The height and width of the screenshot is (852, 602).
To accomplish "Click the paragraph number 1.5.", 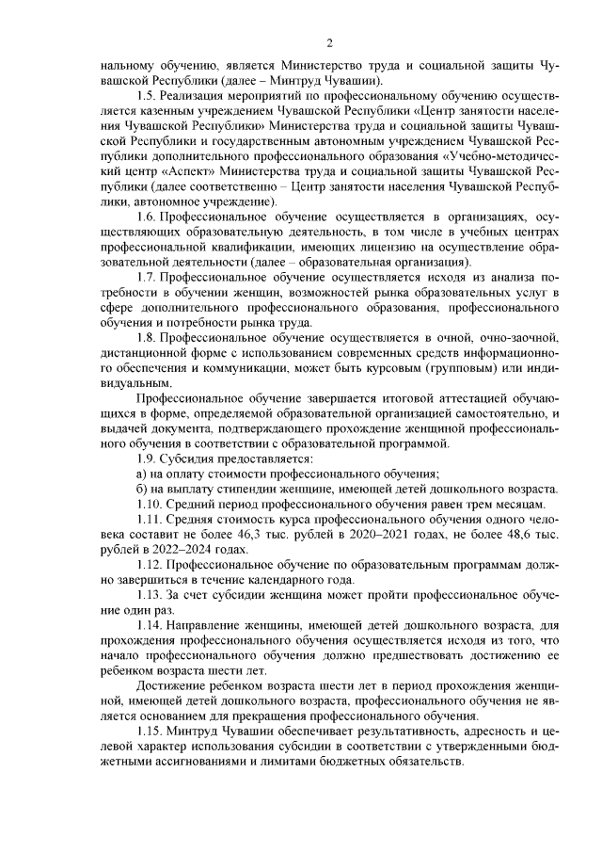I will click(148, 96).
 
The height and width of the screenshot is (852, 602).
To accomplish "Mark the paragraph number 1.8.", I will click(148, 337).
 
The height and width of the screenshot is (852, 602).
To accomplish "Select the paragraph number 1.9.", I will click(148, 458).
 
